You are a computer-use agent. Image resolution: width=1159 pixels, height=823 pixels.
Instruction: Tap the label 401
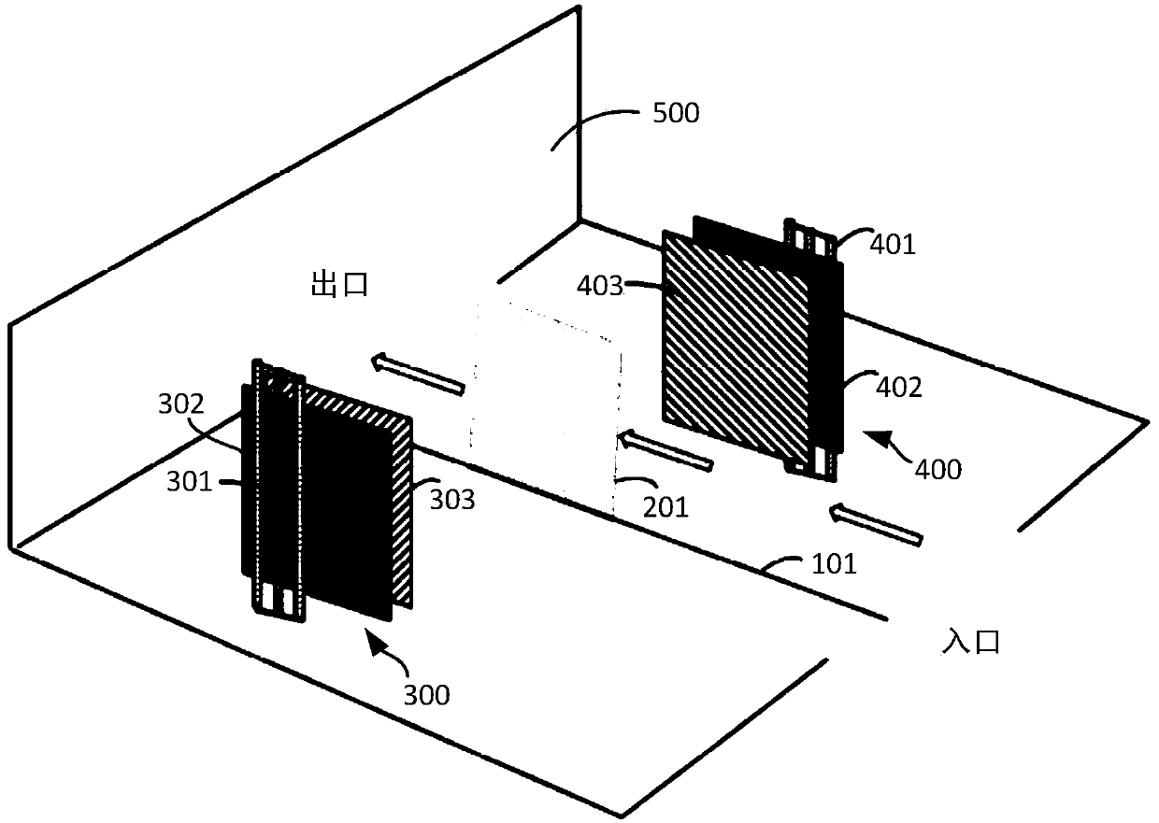point(894,245)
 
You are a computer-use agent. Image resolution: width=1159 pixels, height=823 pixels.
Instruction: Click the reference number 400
point(937,469)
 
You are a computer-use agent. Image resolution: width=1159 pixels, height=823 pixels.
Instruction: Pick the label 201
point(665,507)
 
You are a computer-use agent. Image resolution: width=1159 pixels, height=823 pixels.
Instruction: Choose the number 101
point(833,564)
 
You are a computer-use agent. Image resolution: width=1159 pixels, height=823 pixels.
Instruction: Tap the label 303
point(452,501)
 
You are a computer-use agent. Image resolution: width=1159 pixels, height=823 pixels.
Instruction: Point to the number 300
point(426,694)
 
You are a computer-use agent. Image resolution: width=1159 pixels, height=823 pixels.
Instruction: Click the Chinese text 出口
point(339,285)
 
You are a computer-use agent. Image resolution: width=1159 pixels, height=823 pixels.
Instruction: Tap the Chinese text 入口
point(971,643)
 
